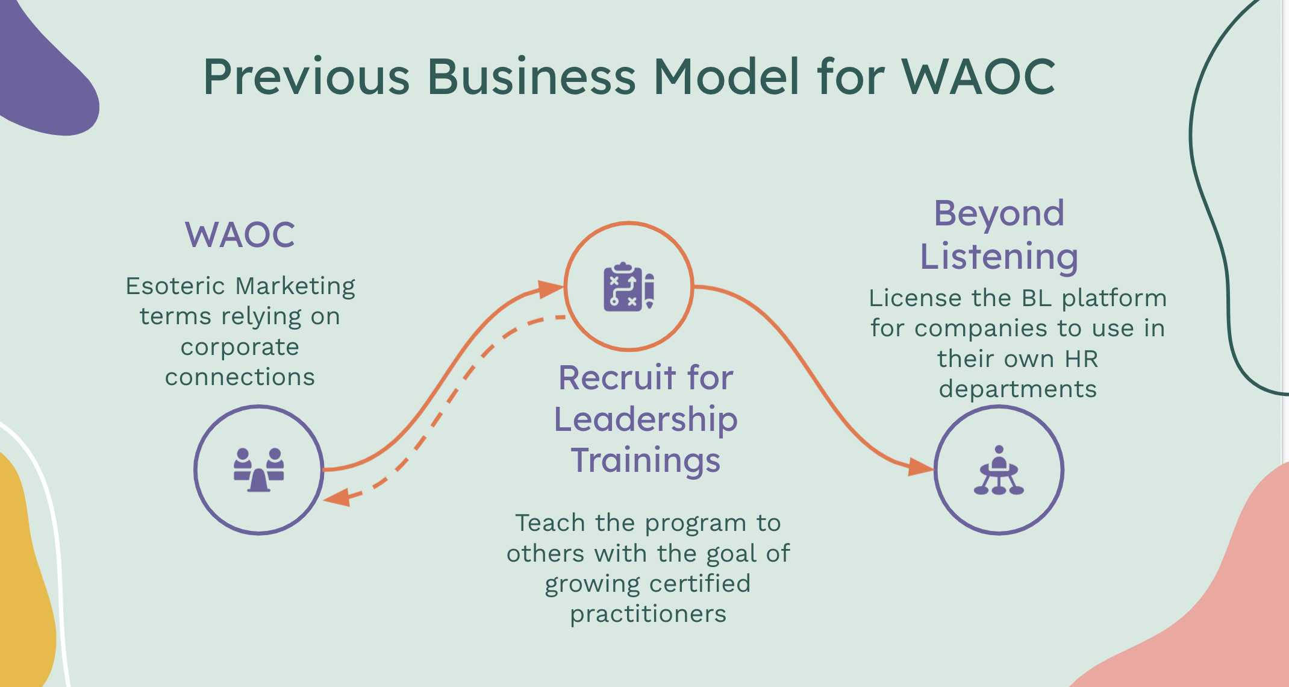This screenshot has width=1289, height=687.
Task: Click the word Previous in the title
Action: point(307,77)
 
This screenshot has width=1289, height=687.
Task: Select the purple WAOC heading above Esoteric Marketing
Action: point(240,234)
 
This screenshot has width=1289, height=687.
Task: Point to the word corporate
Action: point(240,347)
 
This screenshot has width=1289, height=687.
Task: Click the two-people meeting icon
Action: point(259,469)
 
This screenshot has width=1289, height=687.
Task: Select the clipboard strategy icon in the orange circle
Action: point(629,286)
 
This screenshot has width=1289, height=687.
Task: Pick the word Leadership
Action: point(646,419)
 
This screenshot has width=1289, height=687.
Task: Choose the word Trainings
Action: point(646,460)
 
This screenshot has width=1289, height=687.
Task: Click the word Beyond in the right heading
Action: point(999,213)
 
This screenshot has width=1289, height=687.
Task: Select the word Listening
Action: point(999,257)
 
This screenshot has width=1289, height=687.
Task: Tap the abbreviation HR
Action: point(1082,359)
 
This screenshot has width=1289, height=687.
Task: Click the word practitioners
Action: point(648,614)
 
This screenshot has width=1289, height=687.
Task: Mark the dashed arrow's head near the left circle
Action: point(337,498)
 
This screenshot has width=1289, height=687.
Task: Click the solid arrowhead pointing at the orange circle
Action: point(551,289)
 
